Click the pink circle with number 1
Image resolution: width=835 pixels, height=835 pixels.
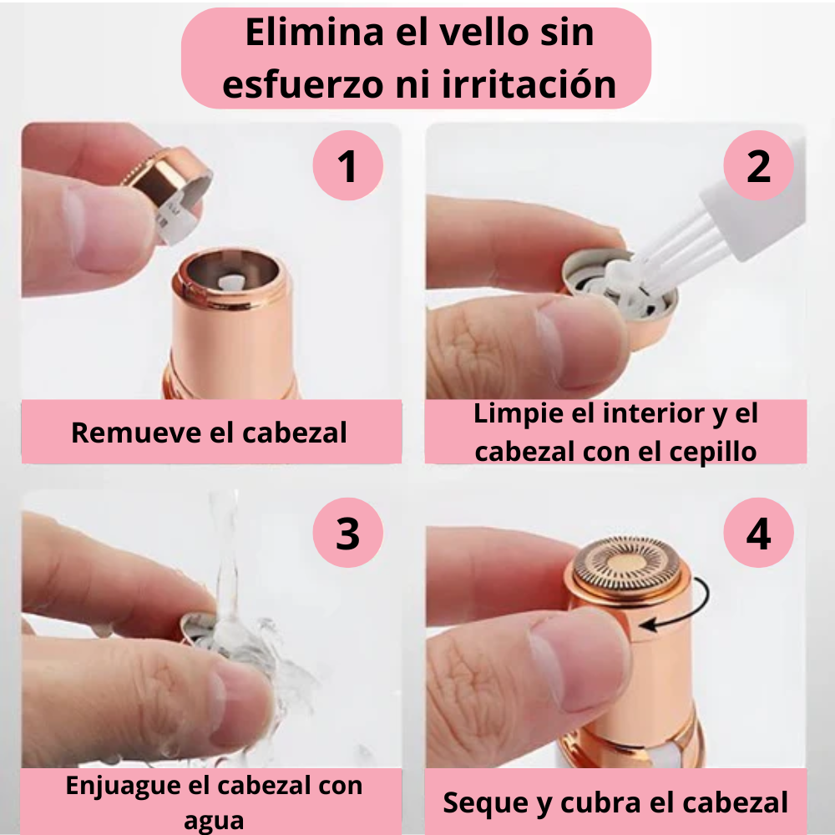pos(347,165)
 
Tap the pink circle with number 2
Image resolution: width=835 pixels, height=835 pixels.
pos(758,165)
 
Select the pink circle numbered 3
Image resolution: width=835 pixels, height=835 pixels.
pos(347,533)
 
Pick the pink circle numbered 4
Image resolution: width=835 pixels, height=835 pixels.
pos(758,533)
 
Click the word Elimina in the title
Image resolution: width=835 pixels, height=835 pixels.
pos(315,33)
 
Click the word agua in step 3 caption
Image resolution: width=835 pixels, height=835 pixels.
pos(214,822)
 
